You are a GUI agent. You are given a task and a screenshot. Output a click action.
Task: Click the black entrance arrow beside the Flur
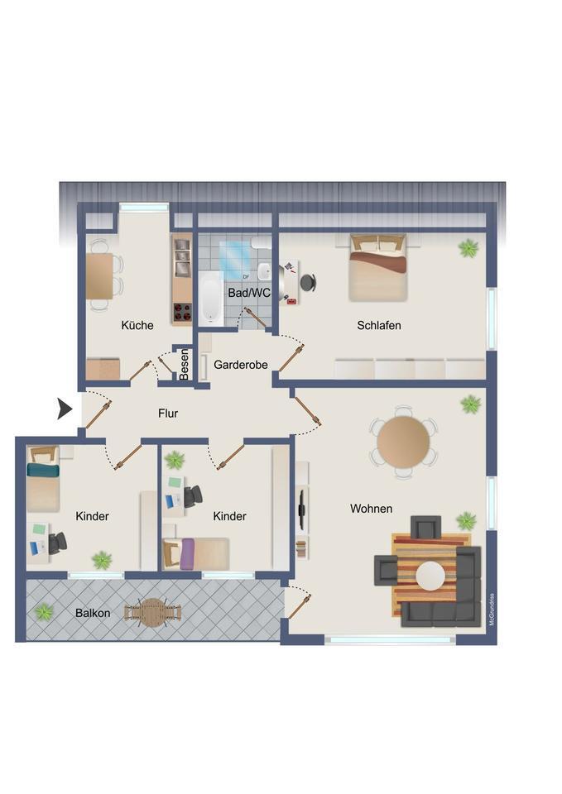pyautogui.click(x=65, y=409)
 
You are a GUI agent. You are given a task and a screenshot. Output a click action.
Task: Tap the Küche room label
pyautogui.click(x=137, y=325)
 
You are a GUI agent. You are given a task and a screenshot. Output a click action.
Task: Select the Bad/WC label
pyautogui.click(x=249, y=293)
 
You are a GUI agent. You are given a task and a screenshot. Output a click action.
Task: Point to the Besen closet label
pyautogui.click(x=185, y=364)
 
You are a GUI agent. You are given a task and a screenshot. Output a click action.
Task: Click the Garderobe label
pyautogui.click(x=241, y=365)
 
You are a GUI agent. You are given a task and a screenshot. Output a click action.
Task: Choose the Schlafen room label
pyautogui.click(x=379, y=325)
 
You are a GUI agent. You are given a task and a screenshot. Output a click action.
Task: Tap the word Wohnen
pyautogui.click(x=371, y=509)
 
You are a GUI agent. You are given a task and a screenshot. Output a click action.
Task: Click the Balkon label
pyautogui.click(x=93, y=613)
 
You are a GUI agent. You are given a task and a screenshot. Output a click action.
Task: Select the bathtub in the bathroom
pyautogui.click(x=211, y=299)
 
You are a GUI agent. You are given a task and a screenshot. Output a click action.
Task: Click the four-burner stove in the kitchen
pyautogui.click(x=182, y=312)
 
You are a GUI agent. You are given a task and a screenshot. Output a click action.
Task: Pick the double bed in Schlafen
pyautogui.click(x=378, y=268)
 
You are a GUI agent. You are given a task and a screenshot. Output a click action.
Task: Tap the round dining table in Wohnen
pyautogui.click(x=403, y=442)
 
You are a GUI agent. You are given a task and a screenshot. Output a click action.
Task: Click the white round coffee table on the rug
pyautogui.click(x=430, y=576)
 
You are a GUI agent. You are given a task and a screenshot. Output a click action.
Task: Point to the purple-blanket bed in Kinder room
pyautogui.click(x=195, y=553)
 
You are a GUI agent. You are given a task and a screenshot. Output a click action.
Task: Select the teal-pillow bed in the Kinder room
pyautogui.click(x=43, y=479)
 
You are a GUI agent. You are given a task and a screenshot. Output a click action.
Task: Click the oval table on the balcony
pyautogui.click(x=152, y=613)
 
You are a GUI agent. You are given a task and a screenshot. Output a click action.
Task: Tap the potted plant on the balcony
pyautogui.click(x=44, y=612)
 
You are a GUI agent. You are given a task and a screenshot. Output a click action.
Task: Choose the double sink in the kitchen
pyautogui.click(x=182, y=255)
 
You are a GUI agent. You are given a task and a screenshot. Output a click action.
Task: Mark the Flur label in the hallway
pyautogui.click(x=168, y=414)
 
